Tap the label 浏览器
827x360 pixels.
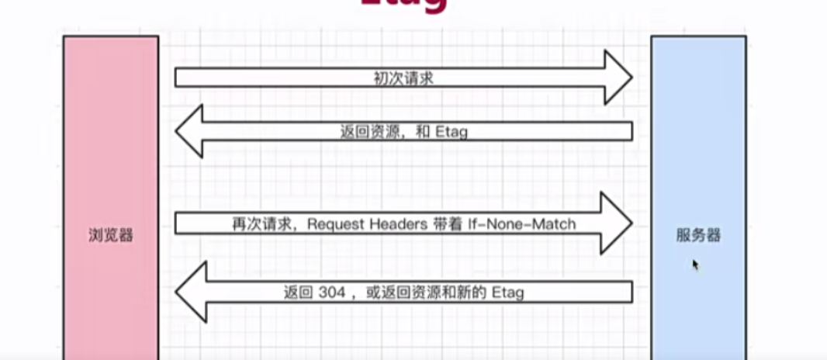110,235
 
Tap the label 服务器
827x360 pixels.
698,235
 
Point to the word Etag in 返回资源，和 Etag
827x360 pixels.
451,132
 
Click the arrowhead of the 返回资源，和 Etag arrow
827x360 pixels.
189,131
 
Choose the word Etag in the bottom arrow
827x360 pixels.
508,292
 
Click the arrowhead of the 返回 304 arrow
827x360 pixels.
189,292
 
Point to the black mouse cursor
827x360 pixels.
696,265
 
